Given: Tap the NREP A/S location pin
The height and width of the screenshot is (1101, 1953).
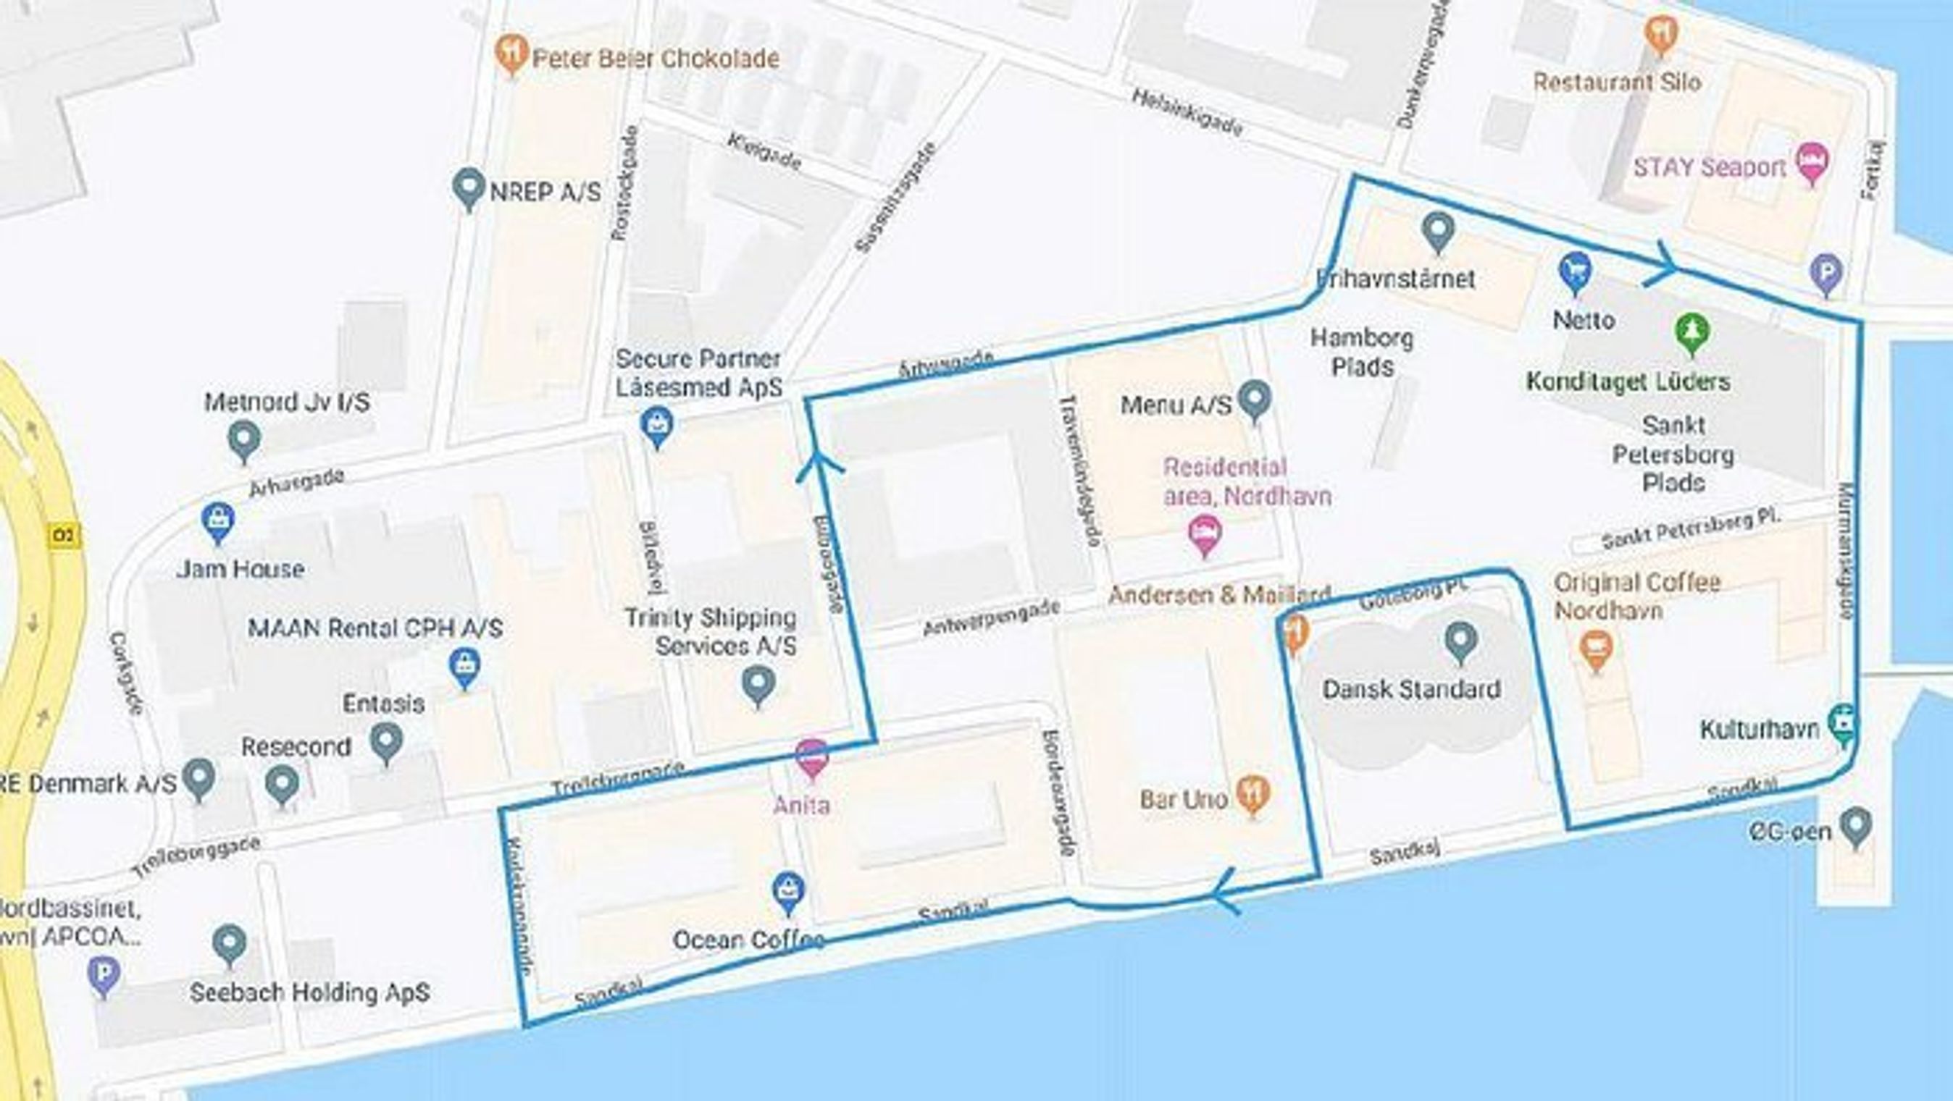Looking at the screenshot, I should (468, 187).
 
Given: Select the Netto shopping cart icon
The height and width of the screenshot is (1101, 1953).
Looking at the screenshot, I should (1575, 271).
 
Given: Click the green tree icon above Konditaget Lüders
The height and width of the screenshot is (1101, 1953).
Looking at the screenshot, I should (1691, 332).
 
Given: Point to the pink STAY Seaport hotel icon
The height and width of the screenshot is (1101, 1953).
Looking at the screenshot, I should (1812, 164).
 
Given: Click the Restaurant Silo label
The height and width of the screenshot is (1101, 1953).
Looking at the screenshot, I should (1616, 82).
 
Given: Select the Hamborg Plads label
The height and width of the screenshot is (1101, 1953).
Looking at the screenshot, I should (1363, 353).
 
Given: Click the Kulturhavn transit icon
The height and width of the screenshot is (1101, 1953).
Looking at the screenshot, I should (1843, 726).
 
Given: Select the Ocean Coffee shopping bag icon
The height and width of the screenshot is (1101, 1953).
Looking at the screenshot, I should (788, 891).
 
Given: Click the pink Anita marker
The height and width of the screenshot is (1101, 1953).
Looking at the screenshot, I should (812, 758).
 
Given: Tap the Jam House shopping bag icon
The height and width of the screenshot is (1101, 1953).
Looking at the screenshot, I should (217, 520).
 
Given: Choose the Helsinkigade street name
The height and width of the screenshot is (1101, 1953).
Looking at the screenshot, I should (1187, 114).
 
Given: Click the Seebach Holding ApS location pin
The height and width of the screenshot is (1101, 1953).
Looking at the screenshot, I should (229, 944).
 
